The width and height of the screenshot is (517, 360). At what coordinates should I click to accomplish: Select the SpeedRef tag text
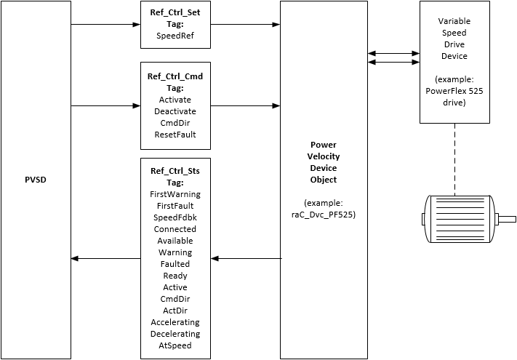tap(175, 34)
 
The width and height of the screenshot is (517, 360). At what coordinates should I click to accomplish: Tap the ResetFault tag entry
tap(175, 134)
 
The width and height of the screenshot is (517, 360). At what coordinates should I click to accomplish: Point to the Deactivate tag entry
tap(175, 111)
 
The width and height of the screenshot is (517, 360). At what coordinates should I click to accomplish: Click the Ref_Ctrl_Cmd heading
tap(175, 76)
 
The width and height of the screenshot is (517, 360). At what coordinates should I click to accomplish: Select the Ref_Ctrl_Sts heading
tap(175, 171)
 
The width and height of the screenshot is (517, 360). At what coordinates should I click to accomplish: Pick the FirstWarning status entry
tap(175, 194)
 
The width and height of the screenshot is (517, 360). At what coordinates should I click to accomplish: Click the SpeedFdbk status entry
tap(175, 217)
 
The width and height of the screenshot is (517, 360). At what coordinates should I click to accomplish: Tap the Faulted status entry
tap(175, 264)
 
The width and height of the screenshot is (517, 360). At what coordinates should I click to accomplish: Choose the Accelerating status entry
tap(175, 322)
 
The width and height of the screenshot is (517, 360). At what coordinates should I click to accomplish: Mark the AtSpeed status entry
tap(175, 345)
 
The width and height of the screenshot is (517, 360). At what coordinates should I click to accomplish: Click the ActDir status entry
tap(175, 311)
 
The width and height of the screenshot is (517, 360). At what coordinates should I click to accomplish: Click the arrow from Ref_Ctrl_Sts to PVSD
tap(105, 258)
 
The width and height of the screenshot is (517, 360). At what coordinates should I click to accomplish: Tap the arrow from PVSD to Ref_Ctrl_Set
tap(105, 25)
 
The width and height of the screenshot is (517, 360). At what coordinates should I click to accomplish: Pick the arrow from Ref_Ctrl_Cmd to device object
tap(246, 105)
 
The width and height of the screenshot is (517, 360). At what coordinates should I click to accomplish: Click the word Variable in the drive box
tap(454, 21)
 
